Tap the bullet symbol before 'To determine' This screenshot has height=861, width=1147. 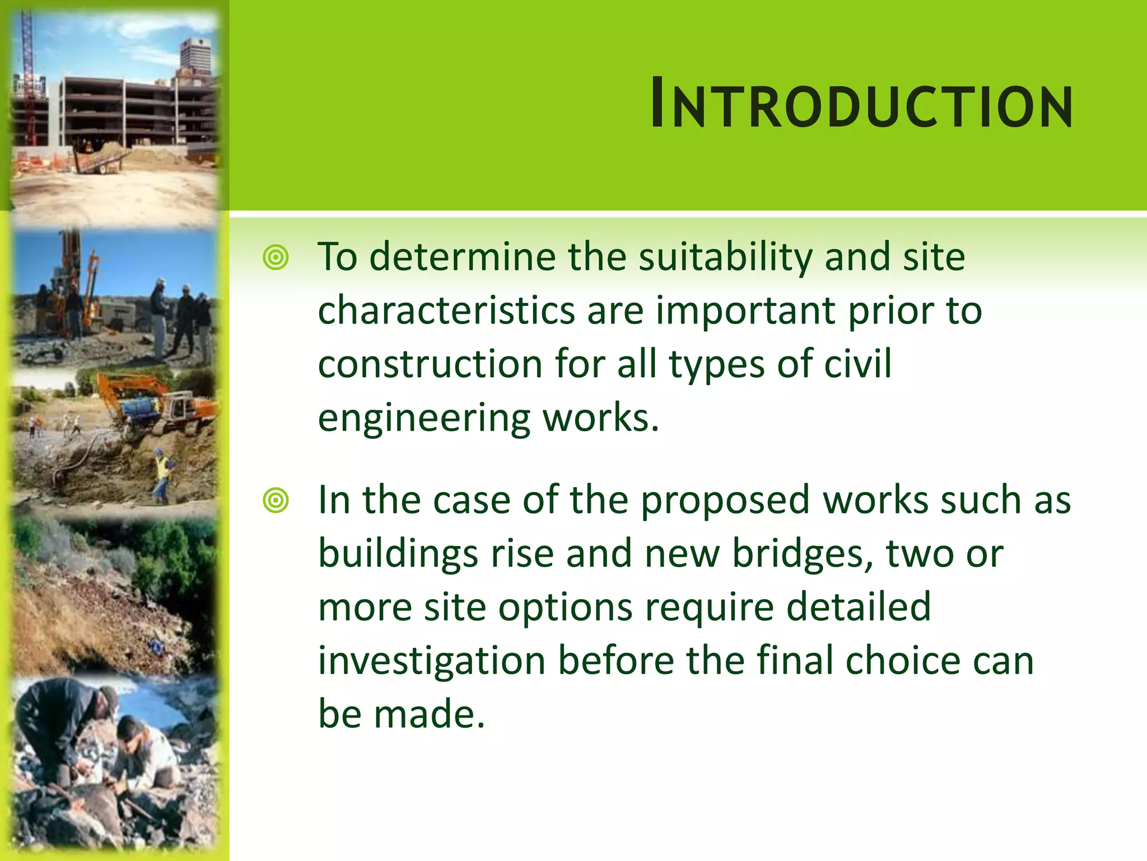coord(276,258)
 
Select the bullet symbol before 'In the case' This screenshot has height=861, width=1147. coord(276,501)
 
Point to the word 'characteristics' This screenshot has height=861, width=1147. coord(446,311)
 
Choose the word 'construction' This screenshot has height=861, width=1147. coord(430,364)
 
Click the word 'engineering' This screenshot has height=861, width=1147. coord(424,419)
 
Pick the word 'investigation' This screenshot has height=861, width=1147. coord(431,661)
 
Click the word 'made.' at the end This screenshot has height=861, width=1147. coord(429,715)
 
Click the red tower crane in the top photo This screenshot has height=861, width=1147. coord(27,78)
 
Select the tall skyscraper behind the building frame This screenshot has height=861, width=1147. coord(196,59)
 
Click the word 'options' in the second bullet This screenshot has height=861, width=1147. coord(565,608)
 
